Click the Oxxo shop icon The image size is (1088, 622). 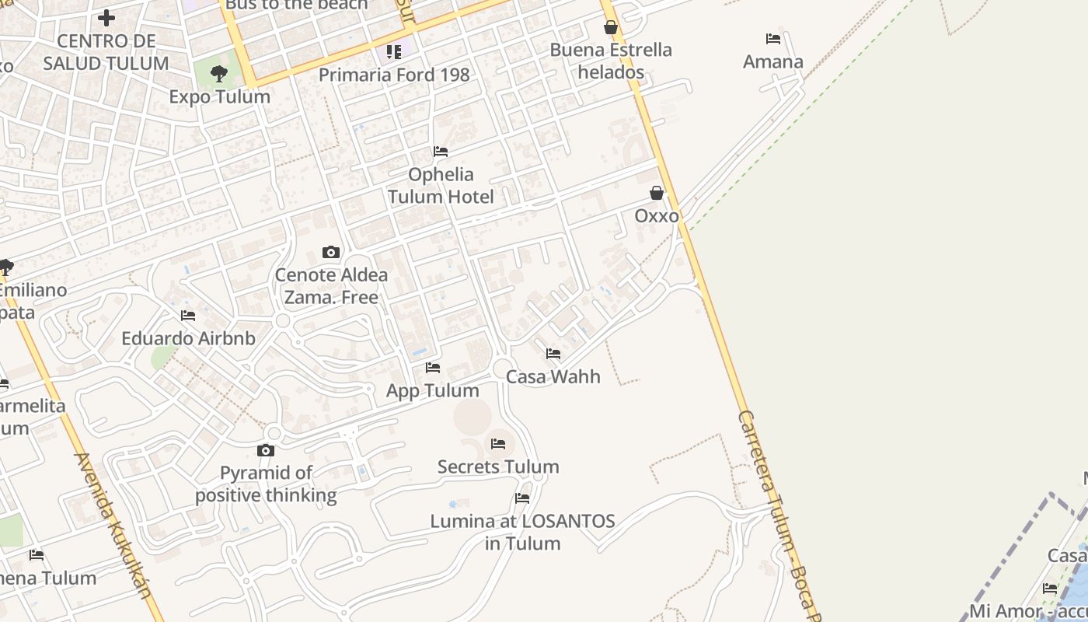(657, 193)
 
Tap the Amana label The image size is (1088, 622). (772, 61)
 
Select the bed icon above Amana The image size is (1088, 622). (772, 38)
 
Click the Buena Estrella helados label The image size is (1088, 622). (611, 61)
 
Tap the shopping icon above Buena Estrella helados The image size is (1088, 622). (611, 27)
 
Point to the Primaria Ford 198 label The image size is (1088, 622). (394, 75)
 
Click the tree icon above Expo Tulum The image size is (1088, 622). (219, 74)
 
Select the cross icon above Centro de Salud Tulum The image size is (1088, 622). (106, 17)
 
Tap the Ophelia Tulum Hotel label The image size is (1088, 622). (441, 185)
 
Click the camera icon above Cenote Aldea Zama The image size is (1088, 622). (331, 252)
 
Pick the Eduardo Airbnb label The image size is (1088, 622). (188, 338)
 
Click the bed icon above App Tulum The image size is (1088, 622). (433, 367)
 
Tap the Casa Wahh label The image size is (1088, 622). (553, 376)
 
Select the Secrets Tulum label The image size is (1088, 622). (498, 466)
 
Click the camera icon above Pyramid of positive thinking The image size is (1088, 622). (266, 450)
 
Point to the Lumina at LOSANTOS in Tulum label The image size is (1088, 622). (522, 532)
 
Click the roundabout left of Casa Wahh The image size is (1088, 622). (502, 367)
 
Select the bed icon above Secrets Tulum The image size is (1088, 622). (498, 443)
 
